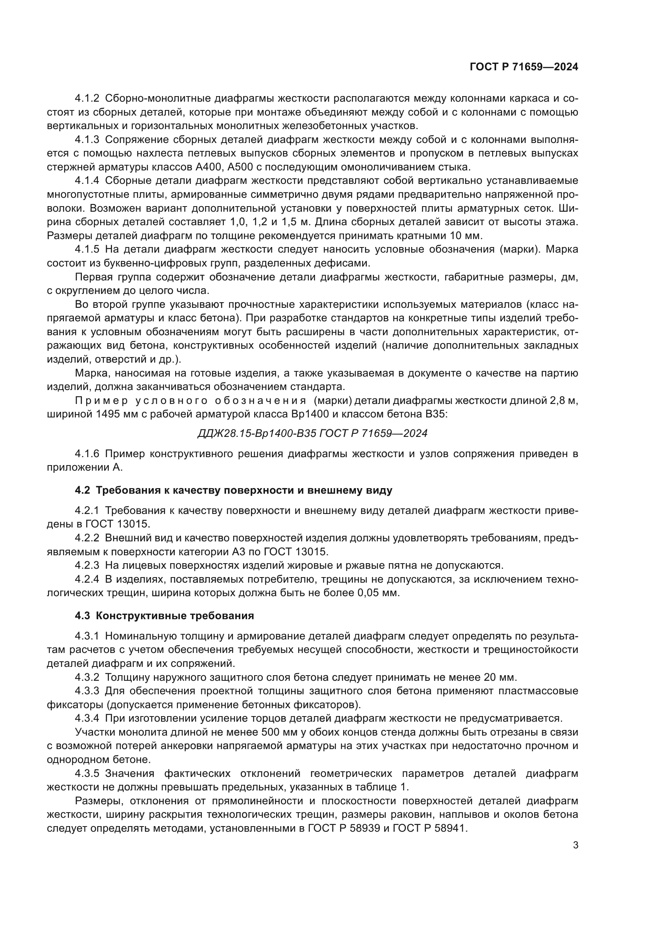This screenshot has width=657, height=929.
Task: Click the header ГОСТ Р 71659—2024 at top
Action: (x=524, y=67)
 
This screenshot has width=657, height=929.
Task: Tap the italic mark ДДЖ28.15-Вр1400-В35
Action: (x=257, y=433)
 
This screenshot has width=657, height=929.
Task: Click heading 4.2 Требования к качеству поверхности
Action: (x=234, y=491)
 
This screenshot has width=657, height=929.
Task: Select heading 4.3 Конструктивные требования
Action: (x=164, y=616)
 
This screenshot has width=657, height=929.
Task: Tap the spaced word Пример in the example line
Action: (x=101, y=401)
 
